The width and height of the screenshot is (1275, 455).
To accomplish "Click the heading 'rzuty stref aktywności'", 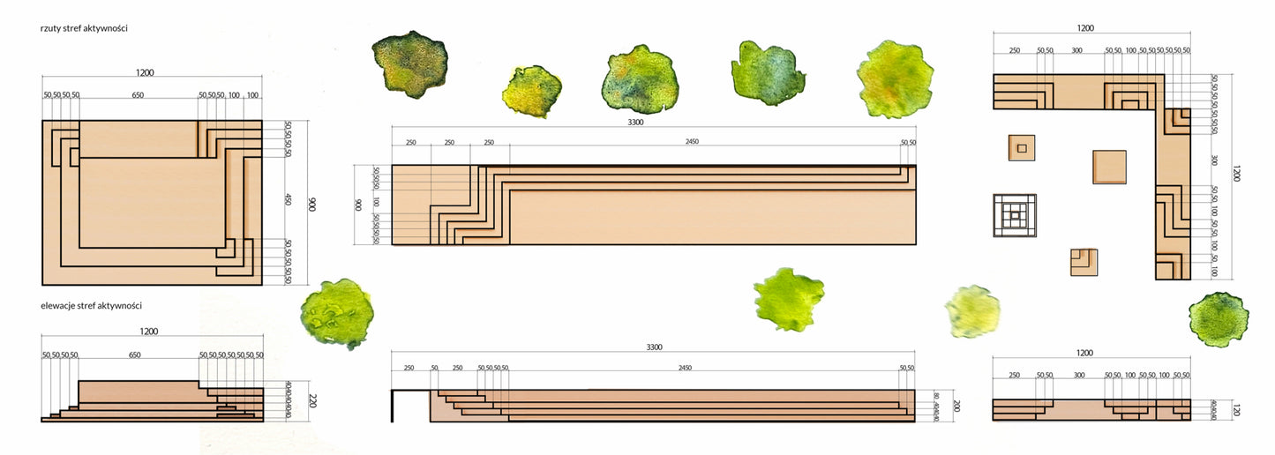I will [x=84, y=28].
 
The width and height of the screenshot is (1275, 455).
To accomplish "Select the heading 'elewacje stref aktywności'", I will [x=91, y=305].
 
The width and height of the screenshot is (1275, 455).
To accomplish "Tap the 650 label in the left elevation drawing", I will [x=134, y=354].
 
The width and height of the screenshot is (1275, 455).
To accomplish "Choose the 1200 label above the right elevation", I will [x=1084, y=353].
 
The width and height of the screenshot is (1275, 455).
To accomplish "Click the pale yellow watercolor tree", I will [x=972, y=310].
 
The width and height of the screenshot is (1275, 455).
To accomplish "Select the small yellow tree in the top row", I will [x=532, y=91].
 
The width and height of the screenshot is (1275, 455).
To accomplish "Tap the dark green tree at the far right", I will [x=1219, y=319].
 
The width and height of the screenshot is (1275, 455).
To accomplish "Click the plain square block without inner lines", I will [x=1109, y=167].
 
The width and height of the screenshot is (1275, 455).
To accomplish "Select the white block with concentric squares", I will [x=1015, y=215].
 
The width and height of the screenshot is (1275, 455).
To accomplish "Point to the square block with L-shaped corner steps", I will [x=1084, y=262].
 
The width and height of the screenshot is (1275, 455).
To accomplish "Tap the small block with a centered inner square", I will [x=1022, y=147].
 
